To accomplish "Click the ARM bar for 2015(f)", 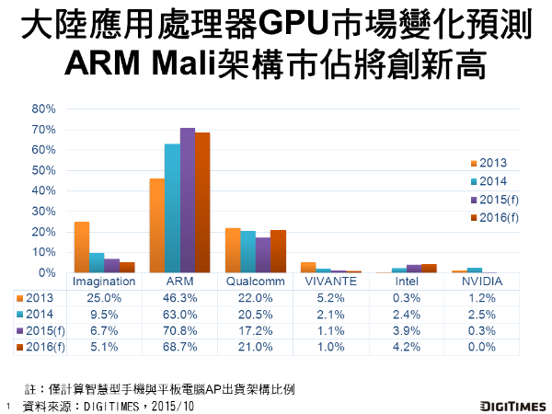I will click(187, 201).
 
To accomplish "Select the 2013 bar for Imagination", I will click(82, 247).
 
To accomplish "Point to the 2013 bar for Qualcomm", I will click(233, 250).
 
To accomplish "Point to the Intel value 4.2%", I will click(405, 347).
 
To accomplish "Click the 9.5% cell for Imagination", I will click(103, 314).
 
